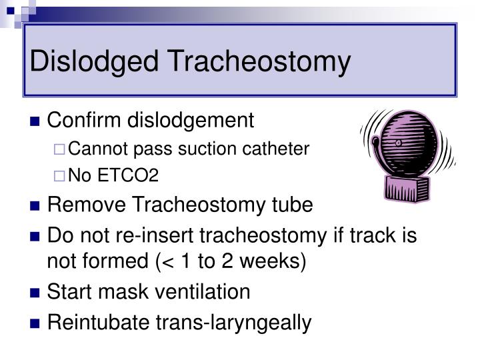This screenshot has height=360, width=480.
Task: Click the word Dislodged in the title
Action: click(93, 61)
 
